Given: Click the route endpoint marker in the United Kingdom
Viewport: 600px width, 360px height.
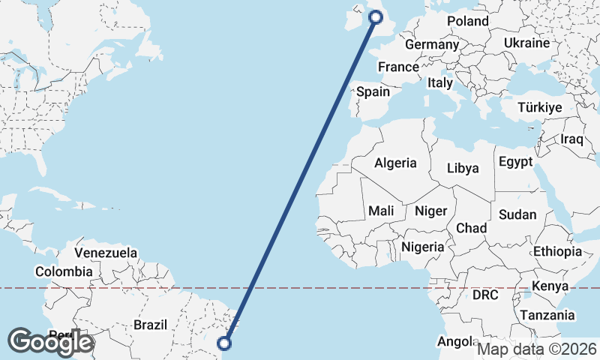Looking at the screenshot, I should (x=376, y=17).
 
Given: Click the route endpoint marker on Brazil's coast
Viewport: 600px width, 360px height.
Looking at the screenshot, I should (x=224, y=343).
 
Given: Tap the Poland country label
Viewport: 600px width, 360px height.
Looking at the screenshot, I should (x=467, y=21).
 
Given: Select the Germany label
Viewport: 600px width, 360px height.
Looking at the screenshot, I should (x=431, y=45).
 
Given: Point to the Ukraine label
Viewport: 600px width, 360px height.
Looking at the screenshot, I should (x=526, y=43).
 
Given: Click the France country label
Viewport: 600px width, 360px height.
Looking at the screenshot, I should (x=398, y=67).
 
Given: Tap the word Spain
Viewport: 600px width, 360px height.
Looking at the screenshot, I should (x=373, y=91).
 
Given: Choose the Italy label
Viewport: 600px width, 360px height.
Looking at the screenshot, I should (x=440, y=83).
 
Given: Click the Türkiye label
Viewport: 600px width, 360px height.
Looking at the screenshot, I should (x=540, y=108).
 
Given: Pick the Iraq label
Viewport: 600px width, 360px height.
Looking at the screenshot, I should (x=571, y=139).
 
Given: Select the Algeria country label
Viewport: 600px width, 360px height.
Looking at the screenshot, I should (x=395, y=163).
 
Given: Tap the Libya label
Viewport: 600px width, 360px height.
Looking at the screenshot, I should (x=462, y=168).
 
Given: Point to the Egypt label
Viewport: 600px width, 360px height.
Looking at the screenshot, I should (x=515, y=162).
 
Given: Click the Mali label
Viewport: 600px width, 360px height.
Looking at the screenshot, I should (x=381, y=211).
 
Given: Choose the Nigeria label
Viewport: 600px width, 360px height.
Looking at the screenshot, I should (x=423, y=246).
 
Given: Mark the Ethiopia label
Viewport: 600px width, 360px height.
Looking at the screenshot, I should (x=557, y=251).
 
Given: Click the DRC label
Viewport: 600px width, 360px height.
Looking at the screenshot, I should (x=485, y=295).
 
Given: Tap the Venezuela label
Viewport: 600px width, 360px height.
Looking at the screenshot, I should (x=106, y=253).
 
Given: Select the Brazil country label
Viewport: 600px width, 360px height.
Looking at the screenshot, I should (x=149, y=325).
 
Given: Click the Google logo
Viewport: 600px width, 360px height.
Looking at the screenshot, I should (x=50, y=342).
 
